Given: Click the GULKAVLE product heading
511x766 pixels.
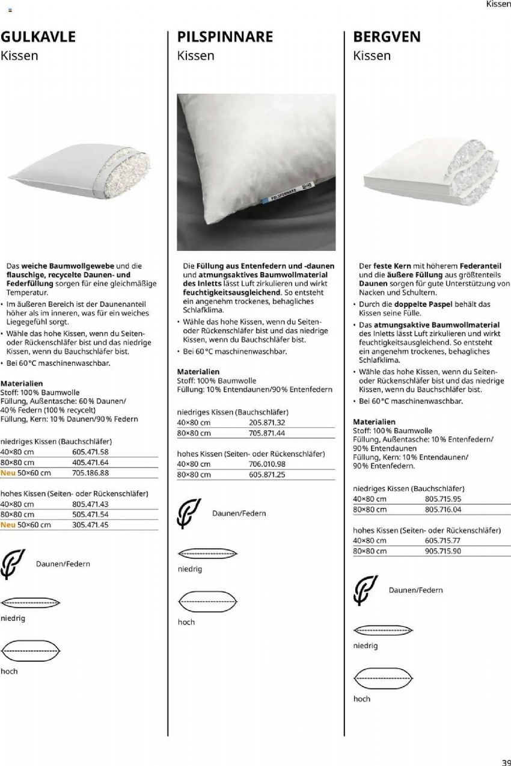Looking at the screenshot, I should pos(38,37).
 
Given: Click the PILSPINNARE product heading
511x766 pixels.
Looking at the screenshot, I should pos(225,37).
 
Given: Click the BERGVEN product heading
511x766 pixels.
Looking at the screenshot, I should pos(387,37).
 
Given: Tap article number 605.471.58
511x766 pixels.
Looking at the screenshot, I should pos(90,452).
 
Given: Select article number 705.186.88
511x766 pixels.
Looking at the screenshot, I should pos(90,473).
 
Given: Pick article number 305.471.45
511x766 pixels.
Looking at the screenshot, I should pos(90,525).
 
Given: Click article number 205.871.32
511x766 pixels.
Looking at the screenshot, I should pos(266,422).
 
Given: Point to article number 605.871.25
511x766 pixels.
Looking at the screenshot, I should pos(266,475).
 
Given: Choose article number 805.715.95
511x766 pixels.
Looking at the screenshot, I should pos(442,499).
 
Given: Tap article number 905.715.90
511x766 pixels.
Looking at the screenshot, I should pos(442,551).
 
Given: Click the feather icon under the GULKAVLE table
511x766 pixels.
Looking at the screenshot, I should pos(13,564).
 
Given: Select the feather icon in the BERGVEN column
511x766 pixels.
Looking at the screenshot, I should pos(366,590).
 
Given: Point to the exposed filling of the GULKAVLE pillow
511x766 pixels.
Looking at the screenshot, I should pos(127,172).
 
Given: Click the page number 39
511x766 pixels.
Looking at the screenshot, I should pos(505,760).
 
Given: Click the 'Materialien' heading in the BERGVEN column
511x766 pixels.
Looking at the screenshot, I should pos(374,422).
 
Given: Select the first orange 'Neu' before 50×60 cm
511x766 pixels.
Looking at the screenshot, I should pos(8,473).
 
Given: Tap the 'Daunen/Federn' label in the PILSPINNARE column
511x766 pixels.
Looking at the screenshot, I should pos(239,513).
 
